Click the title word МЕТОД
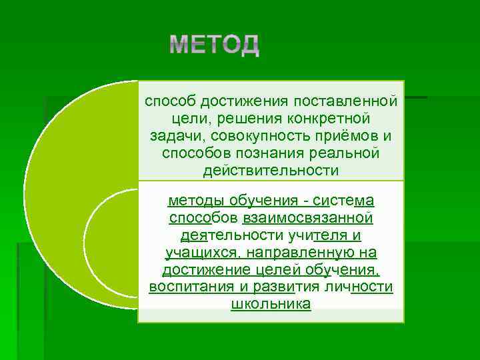(x=214, y=45)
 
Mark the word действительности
(x=271, y=171)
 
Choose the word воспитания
(x=186, y=287)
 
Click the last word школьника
(x=271, y=305)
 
